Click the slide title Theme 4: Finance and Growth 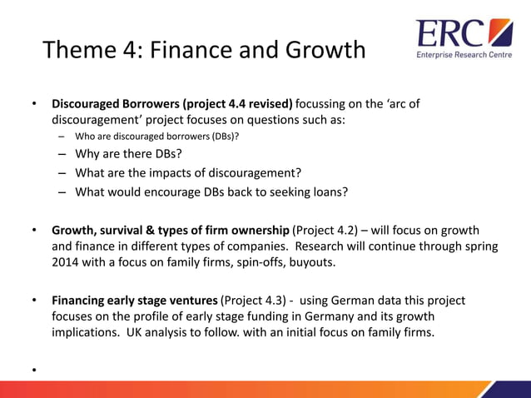point(204,50)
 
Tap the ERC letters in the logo point(449,34)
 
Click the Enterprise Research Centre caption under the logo point(464,56)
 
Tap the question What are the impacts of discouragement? point(187,173)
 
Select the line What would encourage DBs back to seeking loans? point(211,192)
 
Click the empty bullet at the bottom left point(34,368)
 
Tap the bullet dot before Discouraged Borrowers point(34,106)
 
